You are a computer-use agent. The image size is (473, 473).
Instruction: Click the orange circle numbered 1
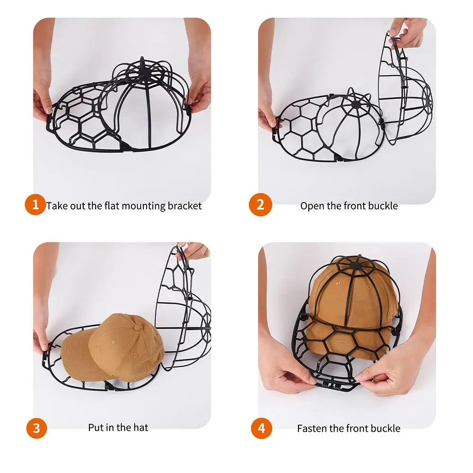tap(35, 204)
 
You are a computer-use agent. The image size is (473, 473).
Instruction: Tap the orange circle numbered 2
tap(260, 205)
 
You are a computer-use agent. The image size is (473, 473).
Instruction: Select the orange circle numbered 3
tap(36, 428)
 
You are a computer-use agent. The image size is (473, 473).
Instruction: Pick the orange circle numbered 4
tap(262, 428)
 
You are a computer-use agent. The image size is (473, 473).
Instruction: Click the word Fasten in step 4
tap(311, 429)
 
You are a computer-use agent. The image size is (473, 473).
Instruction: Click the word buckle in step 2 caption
tap(383, 206)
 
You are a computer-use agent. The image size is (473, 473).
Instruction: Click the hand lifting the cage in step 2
tap(406, 33)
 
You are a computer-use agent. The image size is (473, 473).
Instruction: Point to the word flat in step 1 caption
tap(112, 206)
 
